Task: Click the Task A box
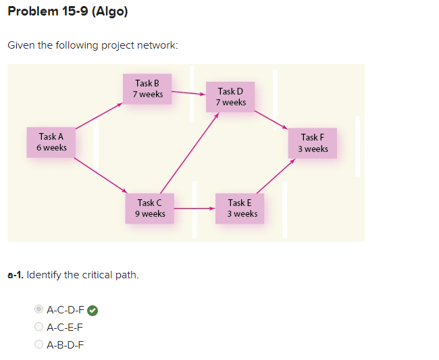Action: pyautogui.click(x=51, y=142)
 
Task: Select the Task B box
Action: pyautogui.click(x=148, y=88)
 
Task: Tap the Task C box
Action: pyautogui.click(x=149, y=208)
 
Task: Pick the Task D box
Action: pyautogui.click(x=231, y=97)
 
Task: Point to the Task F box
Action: pyautogui.click(x=313, y=143)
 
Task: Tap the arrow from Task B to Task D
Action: pyautogui.click(x=187, y=93)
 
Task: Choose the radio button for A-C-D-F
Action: pyautogui.click(x=38, y=310)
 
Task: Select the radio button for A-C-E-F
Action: pyautogui.click(x=38, y=327)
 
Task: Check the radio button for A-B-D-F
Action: pyautogui.click(x=38, y=344)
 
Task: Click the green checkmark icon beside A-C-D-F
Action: pyautogui.click(x=93, y=311)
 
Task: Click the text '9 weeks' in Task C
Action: pyautogui.click(x=150, y=214)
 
